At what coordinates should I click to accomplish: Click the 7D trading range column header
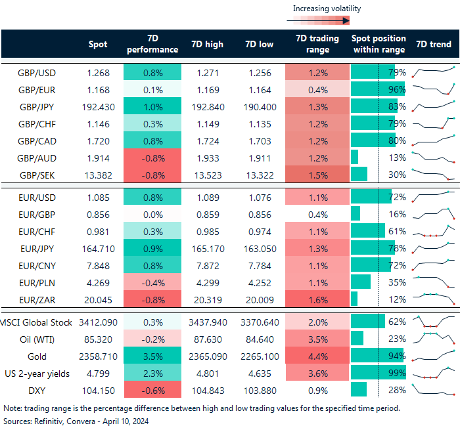point(317,45)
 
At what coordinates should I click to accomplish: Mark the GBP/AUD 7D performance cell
point(152,158)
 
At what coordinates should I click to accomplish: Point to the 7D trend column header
point(434,45)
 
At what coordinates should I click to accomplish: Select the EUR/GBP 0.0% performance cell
point(152,213)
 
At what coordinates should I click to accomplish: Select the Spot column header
point(98,45)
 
